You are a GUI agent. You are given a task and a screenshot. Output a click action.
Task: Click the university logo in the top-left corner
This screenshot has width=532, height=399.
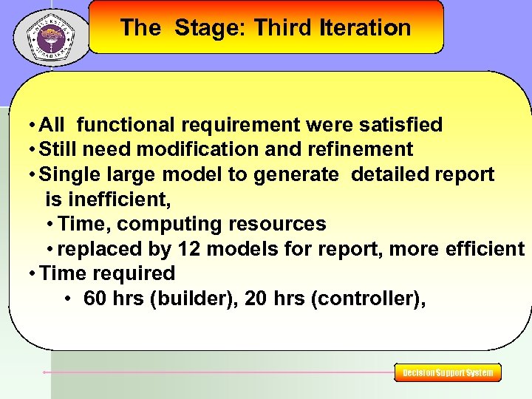[x=51, y=35]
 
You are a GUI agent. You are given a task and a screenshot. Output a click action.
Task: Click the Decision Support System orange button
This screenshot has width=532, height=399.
[x=448, y=373]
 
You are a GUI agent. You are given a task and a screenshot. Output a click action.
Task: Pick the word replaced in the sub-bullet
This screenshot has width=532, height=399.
[x=95, y=249]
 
